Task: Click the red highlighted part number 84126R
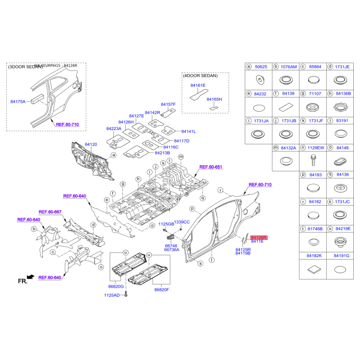259,237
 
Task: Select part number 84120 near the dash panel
91,144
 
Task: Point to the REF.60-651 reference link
211,166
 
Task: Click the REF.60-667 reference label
50,212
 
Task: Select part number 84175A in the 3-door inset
18,102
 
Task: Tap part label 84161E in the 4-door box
198,85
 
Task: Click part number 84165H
214,99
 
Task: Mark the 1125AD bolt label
112,295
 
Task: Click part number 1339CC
182,222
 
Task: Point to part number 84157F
168,104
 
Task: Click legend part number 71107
315,94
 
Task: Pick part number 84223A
114,128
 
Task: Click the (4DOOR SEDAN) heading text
200,76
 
